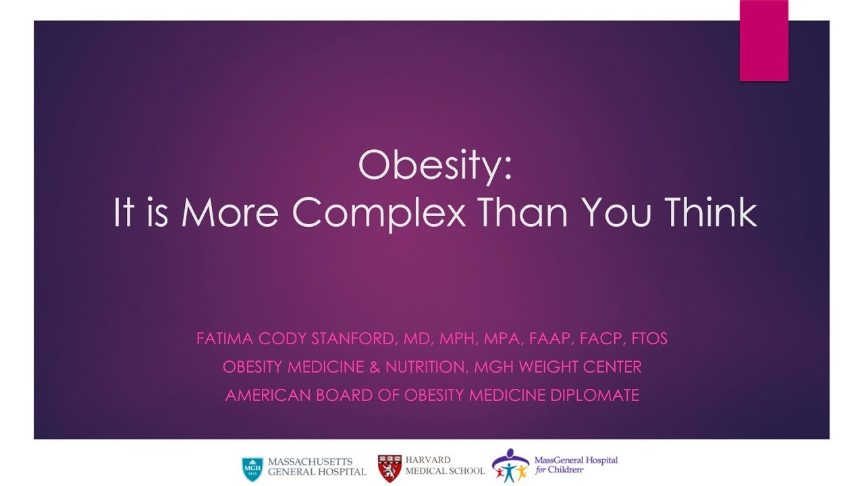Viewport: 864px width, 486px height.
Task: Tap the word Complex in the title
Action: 379,213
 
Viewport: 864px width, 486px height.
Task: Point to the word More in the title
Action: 230,213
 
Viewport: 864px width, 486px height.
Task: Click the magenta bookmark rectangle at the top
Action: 763,40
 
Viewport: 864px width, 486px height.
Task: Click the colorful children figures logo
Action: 510,466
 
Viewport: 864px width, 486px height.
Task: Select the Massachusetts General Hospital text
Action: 317,466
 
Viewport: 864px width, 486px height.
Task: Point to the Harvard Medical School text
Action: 444,466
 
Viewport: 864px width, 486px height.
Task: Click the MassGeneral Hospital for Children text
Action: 575,465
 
